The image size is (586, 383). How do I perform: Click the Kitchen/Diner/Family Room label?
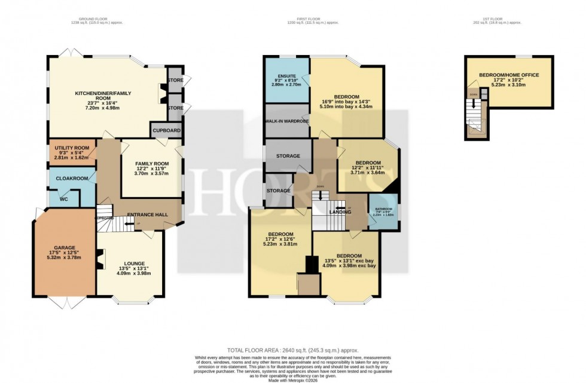[103, 93]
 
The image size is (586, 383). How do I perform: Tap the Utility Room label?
[72, 148]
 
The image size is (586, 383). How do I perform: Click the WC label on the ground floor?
[63, 199]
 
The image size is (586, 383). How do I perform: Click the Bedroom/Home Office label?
[509, 75]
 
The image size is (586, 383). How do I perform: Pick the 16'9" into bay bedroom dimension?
[346, 102]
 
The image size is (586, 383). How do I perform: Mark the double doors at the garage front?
[66, 302]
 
